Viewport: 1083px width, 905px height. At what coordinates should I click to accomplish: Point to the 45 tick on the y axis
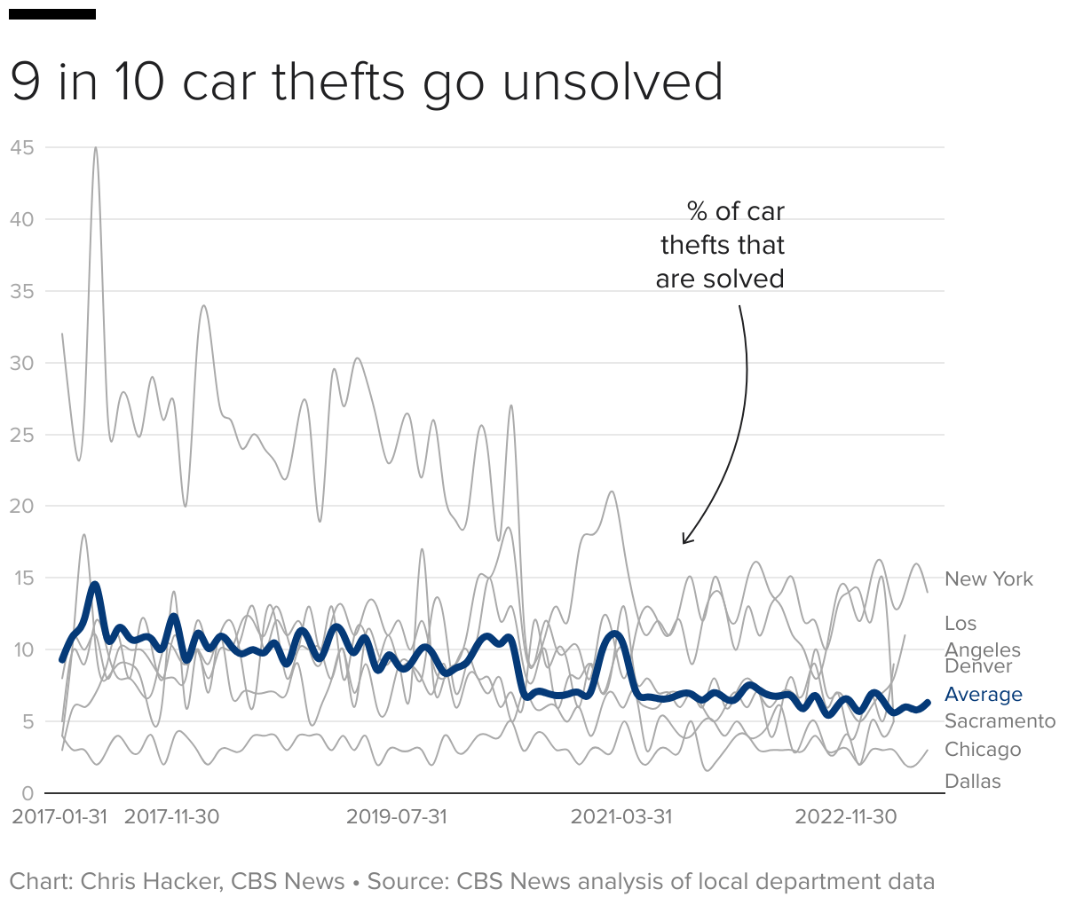pos(22,147)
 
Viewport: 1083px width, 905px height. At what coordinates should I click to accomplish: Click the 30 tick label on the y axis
pos(22,363)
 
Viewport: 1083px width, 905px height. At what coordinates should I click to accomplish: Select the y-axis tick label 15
pos(22,578)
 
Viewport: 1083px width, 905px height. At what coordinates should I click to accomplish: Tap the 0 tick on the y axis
pos(28,793)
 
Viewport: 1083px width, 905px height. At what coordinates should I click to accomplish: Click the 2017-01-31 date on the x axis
pos(59,817)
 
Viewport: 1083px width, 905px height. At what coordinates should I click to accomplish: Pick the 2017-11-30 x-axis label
pos(171,817)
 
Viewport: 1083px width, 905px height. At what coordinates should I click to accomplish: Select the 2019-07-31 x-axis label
pos(397,817)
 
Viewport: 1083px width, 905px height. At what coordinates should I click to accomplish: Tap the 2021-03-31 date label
pos(621,817)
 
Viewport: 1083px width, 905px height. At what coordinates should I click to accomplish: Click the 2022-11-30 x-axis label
pos(846,817)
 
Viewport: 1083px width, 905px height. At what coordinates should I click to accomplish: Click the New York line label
pos(989,579)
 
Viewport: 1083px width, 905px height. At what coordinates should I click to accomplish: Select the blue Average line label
pos(984,695)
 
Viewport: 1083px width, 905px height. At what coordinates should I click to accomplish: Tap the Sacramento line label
pos(1000,721)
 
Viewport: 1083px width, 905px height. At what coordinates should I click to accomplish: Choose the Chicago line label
pos(983,750)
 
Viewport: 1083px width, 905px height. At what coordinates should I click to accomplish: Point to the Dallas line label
pos(973,782)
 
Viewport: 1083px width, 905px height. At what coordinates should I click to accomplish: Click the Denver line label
pos(978,667)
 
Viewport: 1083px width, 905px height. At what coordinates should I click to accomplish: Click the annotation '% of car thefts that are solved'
pos(721,245)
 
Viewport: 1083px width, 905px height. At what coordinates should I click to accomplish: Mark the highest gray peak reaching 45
pos(96,148)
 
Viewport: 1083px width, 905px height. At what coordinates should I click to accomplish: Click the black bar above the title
pos(52,14)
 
